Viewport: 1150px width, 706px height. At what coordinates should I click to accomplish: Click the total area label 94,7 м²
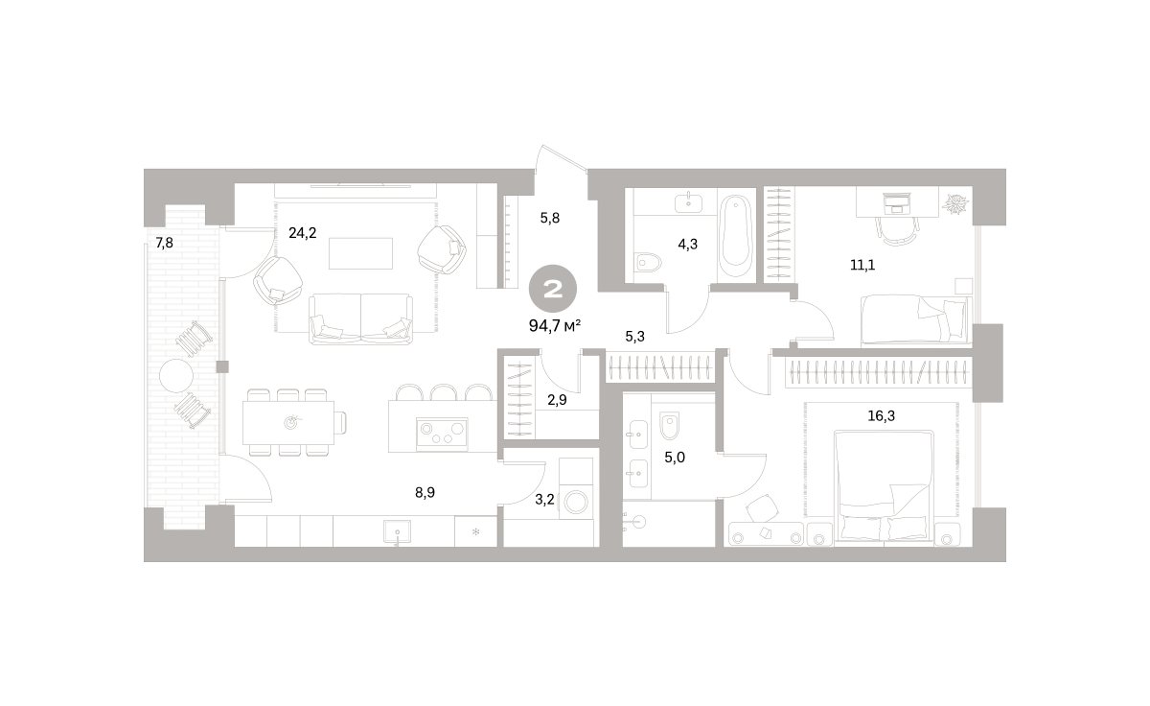tap(555, 326)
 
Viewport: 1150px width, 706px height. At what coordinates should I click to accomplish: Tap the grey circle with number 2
tap(553, 289)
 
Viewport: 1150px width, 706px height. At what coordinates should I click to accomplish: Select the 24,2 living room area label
tap(303, 233)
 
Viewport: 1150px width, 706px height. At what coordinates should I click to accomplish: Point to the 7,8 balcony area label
tap(164, 243)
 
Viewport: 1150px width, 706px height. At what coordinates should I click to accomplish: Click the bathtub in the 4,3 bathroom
tap(735, 236)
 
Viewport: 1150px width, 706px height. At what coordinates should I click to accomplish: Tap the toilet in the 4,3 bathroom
tap(648, 263)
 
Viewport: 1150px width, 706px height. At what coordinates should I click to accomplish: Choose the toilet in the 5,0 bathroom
tap(670, 426)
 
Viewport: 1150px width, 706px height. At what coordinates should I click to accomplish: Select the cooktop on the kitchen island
tap(442, 434)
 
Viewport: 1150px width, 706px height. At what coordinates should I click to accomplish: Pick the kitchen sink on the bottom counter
tap(398, 531)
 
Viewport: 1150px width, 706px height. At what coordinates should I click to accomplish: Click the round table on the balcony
tap(176, 376)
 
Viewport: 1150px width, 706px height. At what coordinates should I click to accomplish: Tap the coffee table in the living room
tap(361, 253)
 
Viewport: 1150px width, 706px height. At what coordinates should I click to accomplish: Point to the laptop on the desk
tap(896, 203)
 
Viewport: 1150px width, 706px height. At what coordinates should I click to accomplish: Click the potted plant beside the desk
tap(954, 203)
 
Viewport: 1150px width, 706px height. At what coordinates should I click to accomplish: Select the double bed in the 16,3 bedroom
tap(884, 486)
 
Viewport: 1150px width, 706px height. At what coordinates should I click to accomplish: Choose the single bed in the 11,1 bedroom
tap(916, 319)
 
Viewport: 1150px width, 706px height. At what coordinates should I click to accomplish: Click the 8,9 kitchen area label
tap(425, 493)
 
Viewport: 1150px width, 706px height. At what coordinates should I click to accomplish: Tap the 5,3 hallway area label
tap(635, 337)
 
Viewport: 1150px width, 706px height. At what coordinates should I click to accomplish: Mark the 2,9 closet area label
tap(557, 400)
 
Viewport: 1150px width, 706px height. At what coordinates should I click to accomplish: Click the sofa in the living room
tap(360, 318)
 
